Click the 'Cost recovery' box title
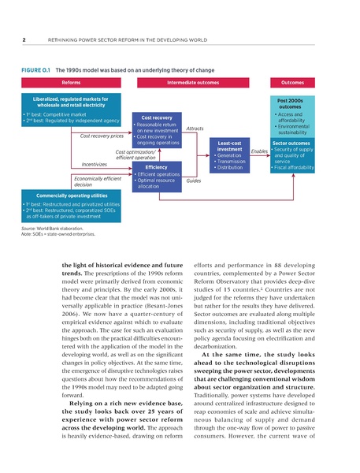157,117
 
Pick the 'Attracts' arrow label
195,128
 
